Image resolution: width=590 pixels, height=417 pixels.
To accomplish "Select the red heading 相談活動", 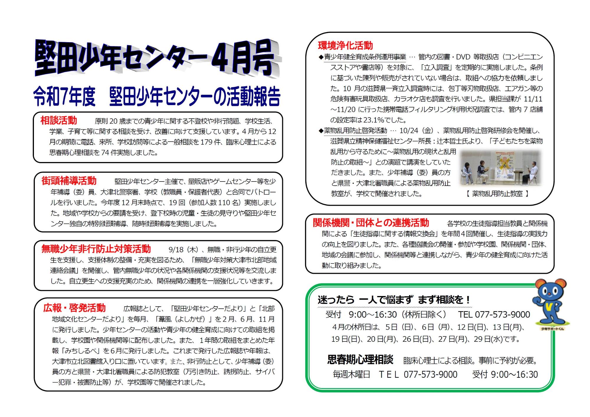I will (x=58, y=120).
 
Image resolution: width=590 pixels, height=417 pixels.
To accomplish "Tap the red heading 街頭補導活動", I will (x=69, y=181).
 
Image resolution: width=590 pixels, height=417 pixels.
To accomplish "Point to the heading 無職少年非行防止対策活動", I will (x=96, y=249).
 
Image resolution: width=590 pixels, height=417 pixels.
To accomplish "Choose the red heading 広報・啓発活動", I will (x=74, y=308).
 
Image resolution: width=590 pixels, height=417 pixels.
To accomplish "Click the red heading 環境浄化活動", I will (x=345, y=45).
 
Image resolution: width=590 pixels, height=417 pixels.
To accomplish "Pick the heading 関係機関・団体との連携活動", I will (x=371, y=223).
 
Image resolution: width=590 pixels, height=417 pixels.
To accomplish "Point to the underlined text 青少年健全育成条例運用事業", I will (x=365, y=57).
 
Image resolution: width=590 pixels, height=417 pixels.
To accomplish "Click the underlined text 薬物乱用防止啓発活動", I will (x=355, y=130).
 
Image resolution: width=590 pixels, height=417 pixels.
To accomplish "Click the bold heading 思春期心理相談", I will (x=360, y=360).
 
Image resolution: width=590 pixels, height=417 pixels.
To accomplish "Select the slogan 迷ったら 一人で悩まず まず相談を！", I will (x=394, y=300).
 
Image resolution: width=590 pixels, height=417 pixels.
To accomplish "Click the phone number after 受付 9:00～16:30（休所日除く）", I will (x=494, y=315).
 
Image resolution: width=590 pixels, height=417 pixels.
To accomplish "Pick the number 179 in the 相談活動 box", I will (x=206, y=142).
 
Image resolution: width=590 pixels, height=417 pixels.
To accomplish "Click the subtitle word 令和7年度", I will (x=64, y=97).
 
